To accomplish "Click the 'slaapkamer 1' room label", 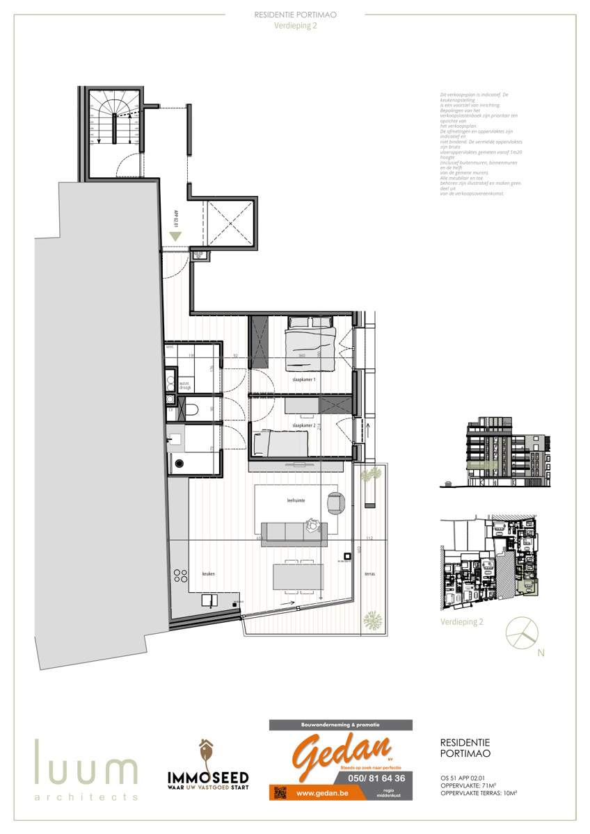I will (x=304, y=380).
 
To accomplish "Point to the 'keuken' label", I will (x=208, y=574).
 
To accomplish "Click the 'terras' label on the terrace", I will (x=369, y=574).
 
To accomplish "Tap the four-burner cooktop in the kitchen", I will (x=180, y=575).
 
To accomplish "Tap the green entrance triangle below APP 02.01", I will (x=175, y=236).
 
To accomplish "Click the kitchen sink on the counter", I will (x=208, y=600).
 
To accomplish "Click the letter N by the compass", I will (x=541, y=653).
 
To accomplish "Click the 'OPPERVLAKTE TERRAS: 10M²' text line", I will (x=483, y=793).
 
